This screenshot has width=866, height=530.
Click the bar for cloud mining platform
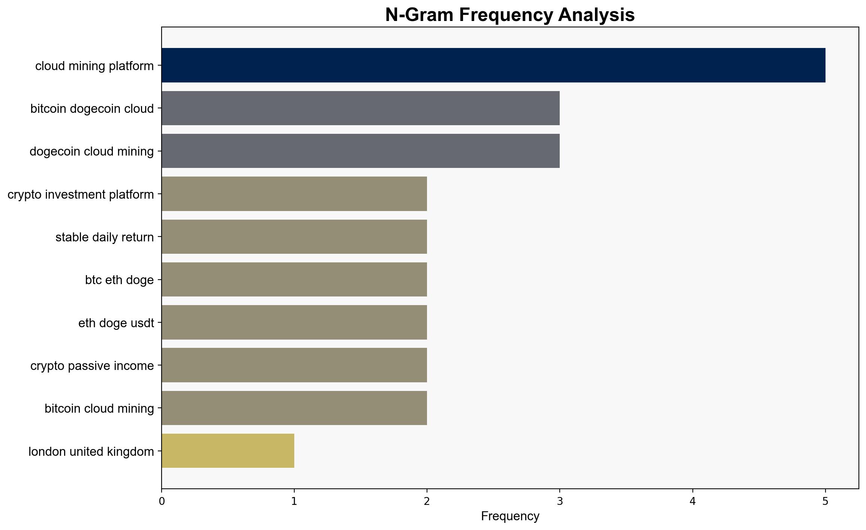point(493,65)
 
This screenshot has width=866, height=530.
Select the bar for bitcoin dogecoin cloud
point(361,108)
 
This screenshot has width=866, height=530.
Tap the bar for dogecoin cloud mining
point(361,151)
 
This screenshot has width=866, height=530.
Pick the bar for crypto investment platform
point(294,194)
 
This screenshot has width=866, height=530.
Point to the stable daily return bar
point(294,237)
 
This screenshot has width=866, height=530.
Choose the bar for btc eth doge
point(294,280)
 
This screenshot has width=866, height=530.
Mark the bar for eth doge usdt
point(294,322)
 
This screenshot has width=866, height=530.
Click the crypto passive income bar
point(294,365)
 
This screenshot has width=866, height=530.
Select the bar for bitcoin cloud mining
point(294,408)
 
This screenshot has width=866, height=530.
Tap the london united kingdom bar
point(228,451)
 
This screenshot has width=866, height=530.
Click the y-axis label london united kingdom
point(91,452)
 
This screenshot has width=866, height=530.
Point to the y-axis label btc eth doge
point(120,280)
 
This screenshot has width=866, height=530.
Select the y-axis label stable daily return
point(105,237)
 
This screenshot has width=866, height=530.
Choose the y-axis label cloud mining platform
point(94,66)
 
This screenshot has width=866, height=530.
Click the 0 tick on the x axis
point(162,502)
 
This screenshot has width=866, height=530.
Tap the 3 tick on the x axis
point(560,502)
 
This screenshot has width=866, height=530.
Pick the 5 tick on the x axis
point(825,502)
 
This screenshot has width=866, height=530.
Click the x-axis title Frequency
point(510,517)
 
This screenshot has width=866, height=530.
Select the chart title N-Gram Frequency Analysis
point(510,15)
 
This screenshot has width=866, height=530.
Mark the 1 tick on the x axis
point(294,502)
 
